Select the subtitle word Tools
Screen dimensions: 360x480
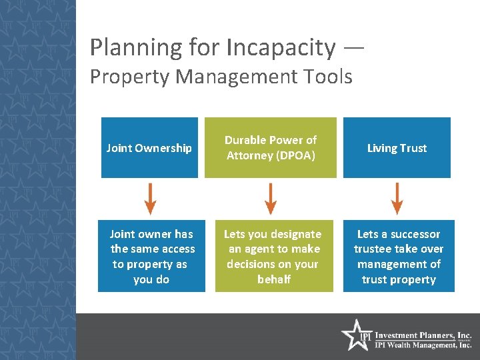click(x=327, y=77)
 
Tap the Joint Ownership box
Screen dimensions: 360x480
click(x=149, y=148)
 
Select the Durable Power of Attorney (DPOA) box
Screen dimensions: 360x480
click(x=270, y=148)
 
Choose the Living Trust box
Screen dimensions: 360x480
click(x=397, y=148)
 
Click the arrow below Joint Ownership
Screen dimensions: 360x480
click(x=151, y=199)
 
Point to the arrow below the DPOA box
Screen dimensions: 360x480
click(x=270, y=199)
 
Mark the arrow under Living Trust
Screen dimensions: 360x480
click(x=397, y=199)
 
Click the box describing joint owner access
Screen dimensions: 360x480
click(x=151, y=257)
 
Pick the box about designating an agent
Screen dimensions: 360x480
click(x=273, y=257)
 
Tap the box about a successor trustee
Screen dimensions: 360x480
click(x=399, y=257)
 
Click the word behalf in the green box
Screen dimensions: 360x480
click(x=273, y=279)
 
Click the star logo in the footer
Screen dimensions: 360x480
click(x=356, y=335)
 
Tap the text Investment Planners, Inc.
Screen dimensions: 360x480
click(x=423, y=335)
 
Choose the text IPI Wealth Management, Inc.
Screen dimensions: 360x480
click(x=423, y=345)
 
